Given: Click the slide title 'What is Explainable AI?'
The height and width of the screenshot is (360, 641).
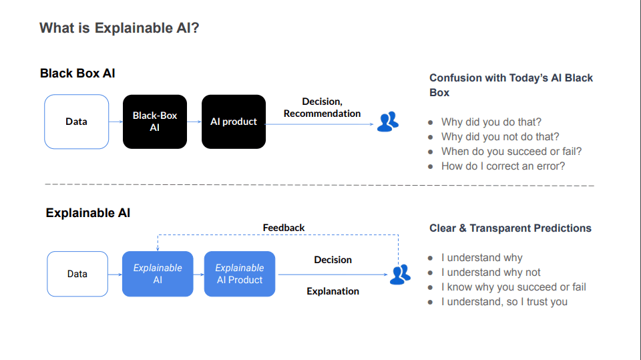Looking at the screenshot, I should [x=119, y=28].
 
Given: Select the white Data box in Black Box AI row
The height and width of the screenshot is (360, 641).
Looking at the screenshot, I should [x=76, y=122].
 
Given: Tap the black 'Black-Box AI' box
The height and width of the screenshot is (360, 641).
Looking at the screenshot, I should [x=155, y=122].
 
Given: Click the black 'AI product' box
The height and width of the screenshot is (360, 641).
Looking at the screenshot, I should [x=234, y=122].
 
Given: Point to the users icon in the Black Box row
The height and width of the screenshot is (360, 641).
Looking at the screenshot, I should [x=387, y=122].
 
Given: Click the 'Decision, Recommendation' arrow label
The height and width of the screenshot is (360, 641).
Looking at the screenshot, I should [x=322, y=108].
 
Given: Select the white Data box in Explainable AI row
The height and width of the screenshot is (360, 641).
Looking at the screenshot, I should [x=77, y=274].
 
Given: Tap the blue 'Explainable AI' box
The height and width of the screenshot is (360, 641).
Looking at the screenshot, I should [x=158, y=274].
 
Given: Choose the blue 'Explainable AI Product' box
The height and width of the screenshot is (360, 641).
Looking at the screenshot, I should [x=240, y=274].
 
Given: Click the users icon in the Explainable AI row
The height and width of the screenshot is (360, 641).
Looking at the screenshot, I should [x=400, y=275].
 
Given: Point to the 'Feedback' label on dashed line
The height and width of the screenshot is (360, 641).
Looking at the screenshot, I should [x=284, y=228].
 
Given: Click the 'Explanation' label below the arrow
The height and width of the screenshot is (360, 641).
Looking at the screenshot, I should [x=333, y=291].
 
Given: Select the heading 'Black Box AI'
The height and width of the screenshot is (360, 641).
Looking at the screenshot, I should [x=77, y=73].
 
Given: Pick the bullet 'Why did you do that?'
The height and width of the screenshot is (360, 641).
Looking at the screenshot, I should [x=491, y=122].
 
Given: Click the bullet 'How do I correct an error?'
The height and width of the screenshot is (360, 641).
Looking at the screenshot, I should [x=503, y=166].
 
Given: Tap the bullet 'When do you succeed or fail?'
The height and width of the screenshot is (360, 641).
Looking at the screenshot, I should [x=511, y=152].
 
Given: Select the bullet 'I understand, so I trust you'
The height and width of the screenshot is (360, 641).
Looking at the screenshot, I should [x=504, y=302].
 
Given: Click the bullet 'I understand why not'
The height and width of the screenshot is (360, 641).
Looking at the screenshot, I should [x=491, y=273].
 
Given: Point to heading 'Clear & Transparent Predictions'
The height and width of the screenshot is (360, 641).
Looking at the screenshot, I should [x=510, y=228].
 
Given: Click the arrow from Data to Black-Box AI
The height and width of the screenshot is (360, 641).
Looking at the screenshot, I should [x=116, y=122].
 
